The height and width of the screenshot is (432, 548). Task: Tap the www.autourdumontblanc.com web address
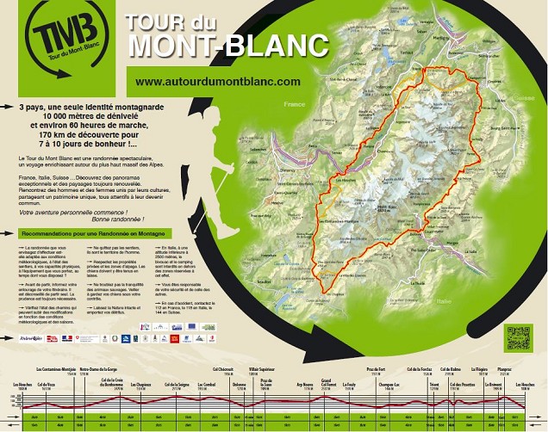pos(217,81)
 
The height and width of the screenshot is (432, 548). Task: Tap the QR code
pos(517,336)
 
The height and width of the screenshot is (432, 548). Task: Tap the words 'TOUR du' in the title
pos(172,21)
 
